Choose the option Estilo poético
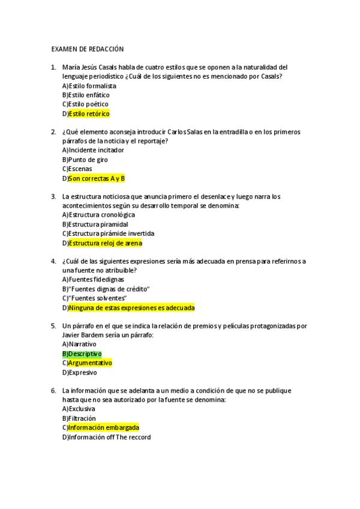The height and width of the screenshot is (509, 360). point(88,104)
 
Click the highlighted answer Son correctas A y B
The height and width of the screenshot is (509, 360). point(97,178)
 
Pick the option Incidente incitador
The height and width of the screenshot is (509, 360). point(96,150)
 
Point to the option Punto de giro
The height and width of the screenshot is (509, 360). point(88,160)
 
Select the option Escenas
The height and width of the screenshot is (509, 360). point(80,169)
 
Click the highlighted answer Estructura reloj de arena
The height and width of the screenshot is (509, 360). point(105,243)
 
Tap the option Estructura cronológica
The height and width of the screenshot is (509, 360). point(101,215)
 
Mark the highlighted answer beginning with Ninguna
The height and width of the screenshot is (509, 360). point(131,308)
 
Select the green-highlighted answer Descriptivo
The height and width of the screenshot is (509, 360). point(85,354)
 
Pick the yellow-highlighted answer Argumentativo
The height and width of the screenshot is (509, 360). point(90,363)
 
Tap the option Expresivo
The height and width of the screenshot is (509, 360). point(83,372)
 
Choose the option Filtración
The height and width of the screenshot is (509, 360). point(82,418)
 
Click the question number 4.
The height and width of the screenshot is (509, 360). point(53,261)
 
